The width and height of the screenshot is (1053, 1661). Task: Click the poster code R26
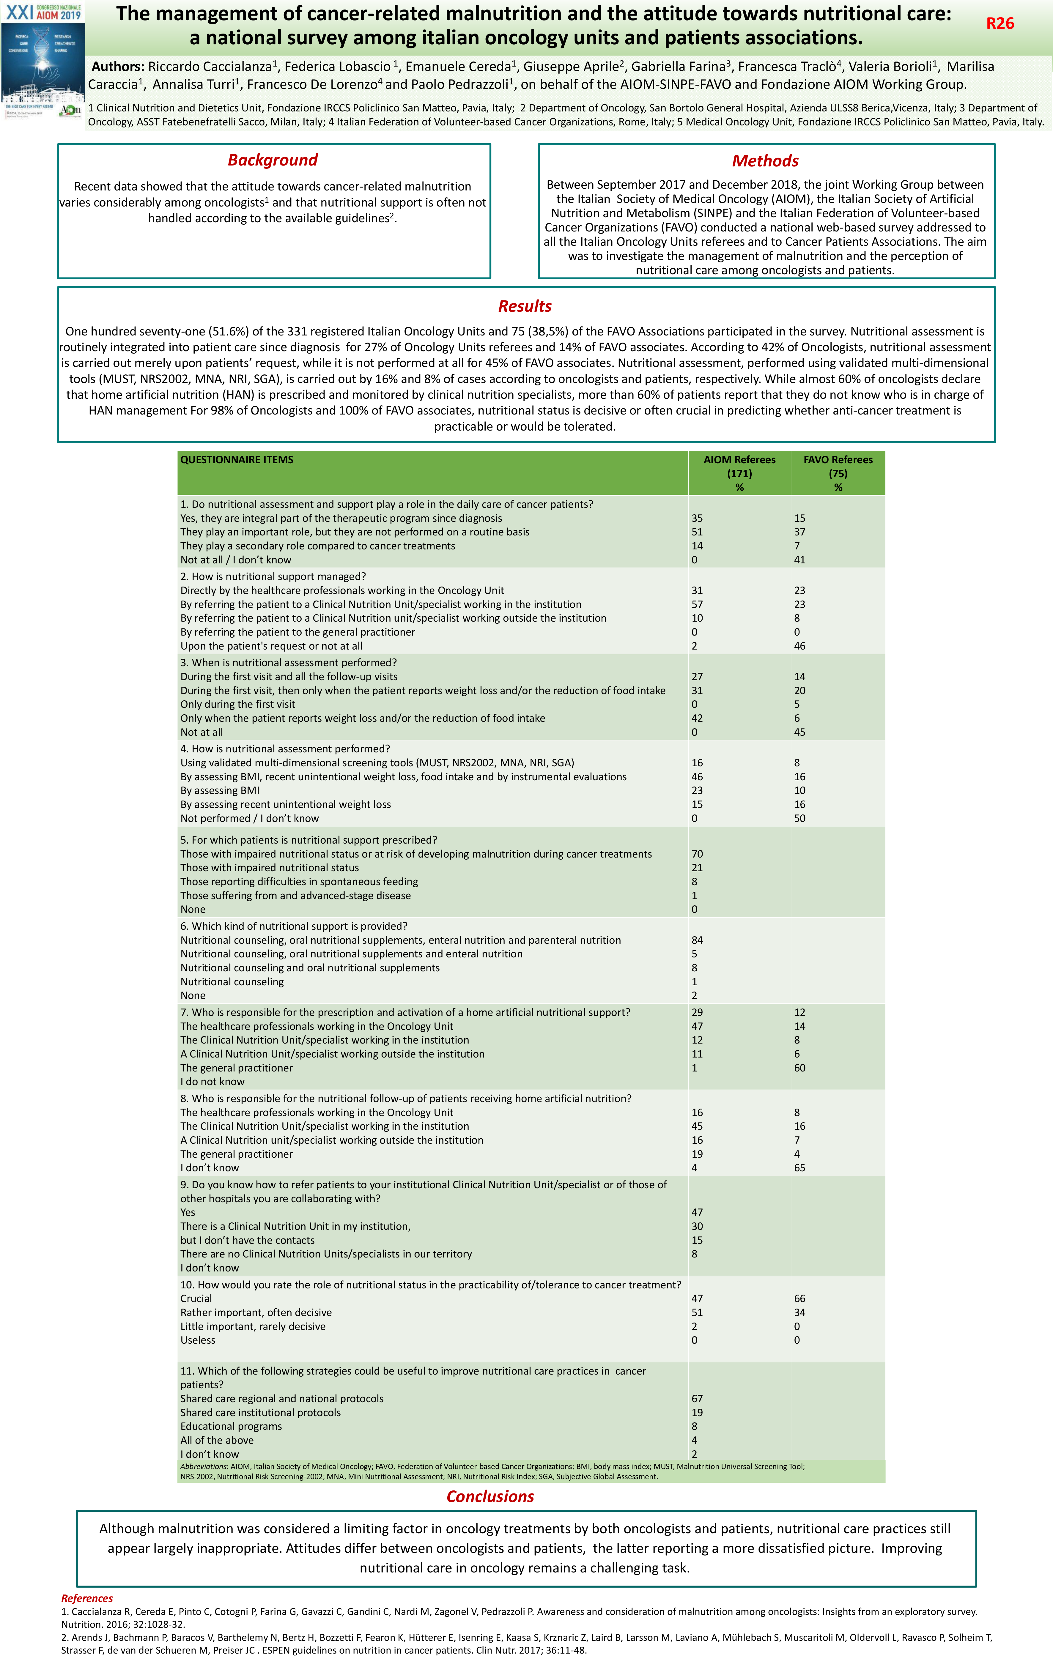click(1000, 23)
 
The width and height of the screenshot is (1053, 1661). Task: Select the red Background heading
click(273, 160)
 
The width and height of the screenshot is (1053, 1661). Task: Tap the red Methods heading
click(765, 161)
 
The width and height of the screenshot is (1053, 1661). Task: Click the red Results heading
click(525, 306)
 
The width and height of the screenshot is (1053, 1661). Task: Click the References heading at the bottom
click(87, 1598)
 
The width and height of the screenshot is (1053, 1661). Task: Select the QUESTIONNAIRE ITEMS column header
click(237, 459)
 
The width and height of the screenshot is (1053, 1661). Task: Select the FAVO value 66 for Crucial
click(800, 1298)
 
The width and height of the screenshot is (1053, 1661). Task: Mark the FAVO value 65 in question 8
click(800, 1168)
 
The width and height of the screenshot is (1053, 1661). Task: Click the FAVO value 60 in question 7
click(800, 1068)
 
